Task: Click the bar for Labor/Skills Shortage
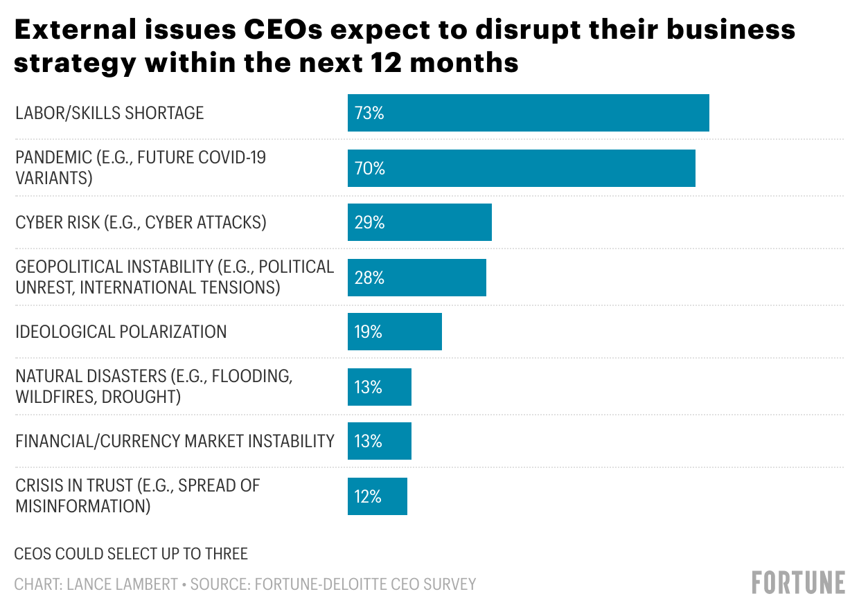point(528,113)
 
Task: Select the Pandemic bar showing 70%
point(521,168)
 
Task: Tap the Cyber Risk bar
point(419,222)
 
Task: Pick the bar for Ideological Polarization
point(394,332)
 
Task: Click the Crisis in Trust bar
point(377,496)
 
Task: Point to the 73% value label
point(369,113)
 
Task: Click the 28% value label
point(369,278)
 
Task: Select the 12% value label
point(368,496)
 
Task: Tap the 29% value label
point(369,222)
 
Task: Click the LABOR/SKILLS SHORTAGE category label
point(109,113)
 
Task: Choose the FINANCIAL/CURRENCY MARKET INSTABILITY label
point(175,441)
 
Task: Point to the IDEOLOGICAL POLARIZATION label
point(121,332)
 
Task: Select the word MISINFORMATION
point(82,506)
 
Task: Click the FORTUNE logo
point(798,583)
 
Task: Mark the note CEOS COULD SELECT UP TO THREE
point(131,554)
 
